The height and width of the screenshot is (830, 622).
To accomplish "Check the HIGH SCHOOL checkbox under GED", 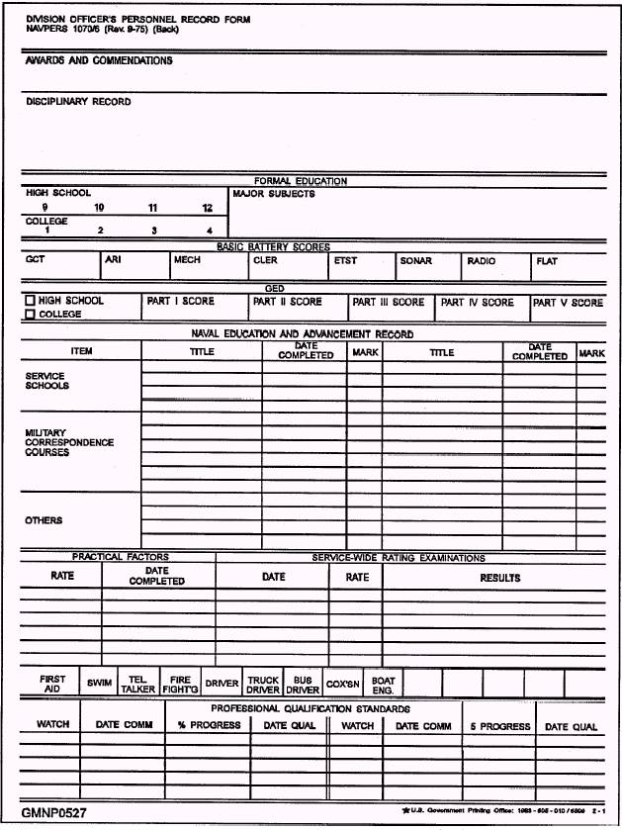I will (31, 301).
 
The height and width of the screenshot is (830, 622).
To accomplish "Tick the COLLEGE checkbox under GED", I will (31, 315).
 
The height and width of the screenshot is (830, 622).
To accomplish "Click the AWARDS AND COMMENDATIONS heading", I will (99, 61).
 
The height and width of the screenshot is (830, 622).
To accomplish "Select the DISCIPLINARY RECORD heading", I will (78, 102).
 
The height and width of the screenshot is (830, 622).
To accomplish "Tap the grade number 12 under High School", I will (207, 208).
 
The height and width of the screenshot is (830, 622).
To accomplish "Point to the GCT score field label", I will (36, 261).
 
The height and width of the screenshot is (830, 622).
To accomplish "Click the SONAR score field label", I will (415, 261).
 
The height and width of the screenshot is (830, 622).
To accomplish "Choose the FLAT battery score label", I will (546, 261).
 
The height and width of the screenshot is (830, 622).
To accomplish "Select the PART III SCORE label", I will (389, 302).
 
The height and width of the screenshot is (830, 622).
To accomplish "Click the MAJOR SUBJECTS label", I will (274, 194).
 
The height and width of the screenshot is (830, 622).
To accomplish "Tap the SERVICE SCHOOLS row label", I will (47, 381).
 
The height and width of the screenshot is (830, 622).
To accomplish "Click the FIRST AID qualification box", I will (52, 684).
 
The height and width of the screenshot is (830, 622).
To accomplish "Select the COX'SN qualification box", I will (342, 684).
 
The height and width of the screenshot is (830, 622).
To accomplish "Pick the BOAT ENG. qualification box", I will (383, 684).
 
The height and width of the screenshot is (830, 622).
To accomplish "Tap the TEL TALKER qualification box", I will (137, 684).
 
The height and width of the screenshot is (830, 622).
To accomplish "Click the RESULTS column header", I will (499, 578).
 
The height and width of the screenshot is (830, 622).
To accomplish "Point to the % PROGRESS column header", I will (209, 725).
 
